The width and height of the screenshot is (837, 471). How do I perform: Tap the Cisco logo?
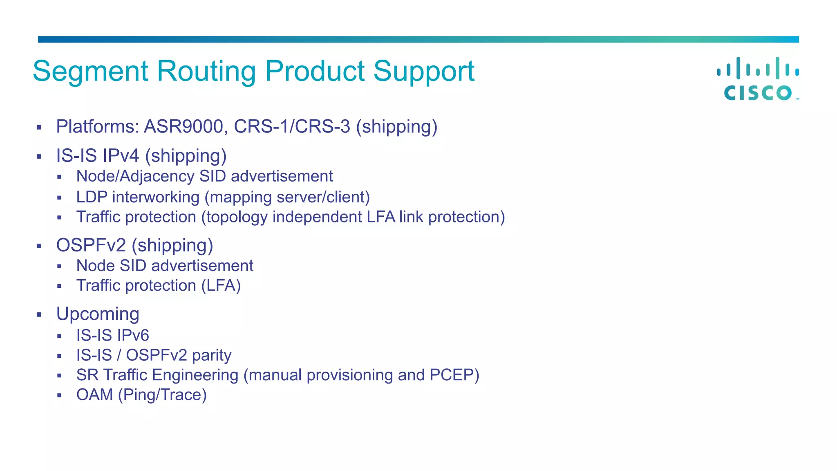pos(758,79)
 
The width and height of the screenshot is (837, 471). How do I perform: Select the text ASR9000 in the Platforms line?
pos(184,126)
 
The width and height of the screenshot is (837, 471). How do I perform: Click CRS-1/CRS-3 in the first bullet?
pos(292,126)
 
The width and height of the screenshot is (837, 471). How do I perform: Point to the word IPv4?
pos(121,156)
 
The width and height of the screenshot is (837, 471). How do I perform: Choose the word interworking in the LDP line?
pos(156,197)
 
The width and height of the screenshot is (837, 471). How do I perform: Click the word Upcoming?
pos(98,314)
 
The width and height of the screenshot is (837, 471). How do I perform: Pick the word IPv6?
pos(133,335)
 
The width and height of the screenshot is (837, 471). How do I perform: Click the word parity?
pos(212,355)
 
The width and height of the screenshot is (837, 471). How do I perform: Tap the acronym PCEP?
pos(452,375)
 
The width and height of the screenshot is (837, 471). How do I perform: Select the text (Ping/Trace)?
pos(162,395)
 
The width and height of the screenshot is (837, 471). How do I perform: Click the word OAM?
pos(94,395)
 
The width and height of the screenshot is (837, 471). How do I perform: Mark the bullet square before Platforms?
pos(39,128)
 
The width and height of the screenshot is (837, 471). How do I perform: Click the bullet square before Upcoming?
pos(39,315)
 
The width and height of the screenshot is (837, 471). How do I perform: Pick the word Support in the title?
pos(423,72)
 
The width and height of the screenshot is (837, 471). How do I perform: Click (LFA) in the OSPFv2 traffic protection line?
pos(221,285)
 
